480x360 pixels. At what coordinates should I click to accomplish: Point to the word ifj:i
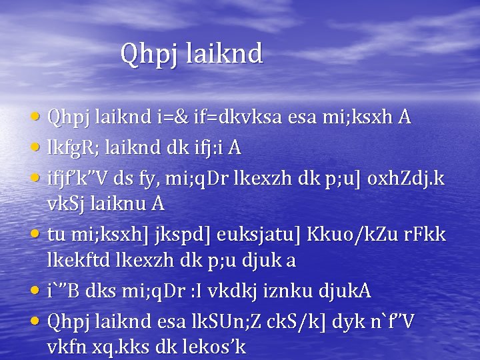click(x=209, y=148)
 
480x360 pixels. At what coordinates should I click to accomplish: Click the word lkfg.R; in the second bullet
click(x=73, y=148)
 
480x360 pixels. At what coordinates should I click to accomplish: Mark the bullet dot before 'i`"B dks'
click(x=39, y=291)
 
